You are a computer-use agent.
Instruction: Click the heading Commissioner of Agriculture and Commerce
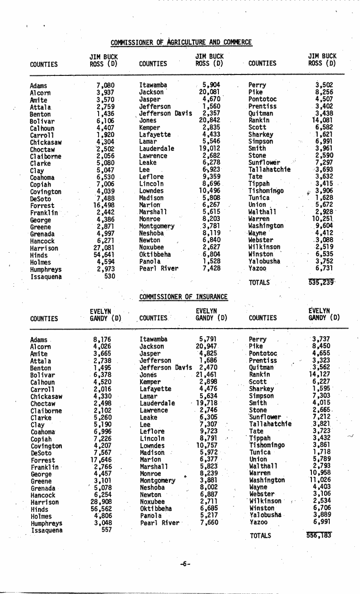pos(181,42)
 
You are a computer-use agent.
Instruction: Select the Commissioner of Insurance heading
pos(184,297)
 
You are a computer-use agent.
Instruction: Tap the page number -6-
pos(185,563)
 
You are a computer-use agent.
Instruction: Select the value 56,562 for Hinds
pos(104,509)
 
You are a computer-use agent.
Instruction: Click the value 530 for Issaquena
pos(109,276)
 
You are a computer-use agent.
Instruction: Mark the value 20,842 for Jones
pos(210,120)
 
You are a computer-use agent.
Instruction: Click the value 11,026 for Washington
pos(320,480)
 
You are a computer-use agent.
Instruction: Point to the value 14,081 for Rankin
pos(322,120)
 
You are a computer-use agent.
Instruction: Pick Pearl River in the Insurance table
pos(159,523)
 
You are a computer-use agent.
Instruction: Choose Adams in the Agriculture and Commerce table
pos(38,86)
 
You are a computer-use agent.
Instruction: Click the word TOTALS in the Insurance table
pos(260,536)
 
